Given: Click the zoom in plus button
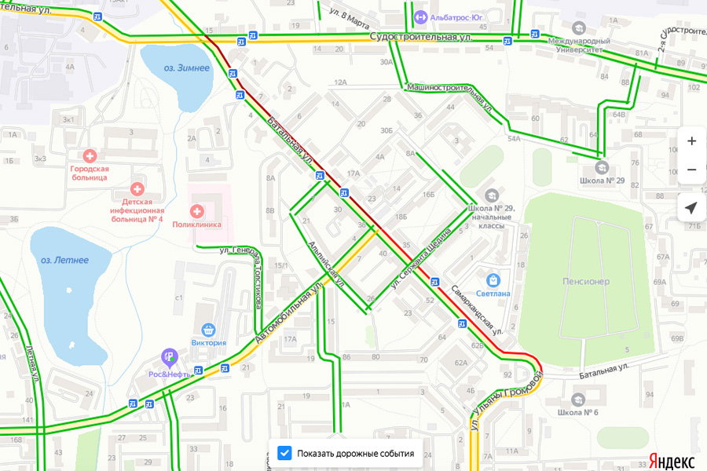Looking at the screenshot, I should [691, 141].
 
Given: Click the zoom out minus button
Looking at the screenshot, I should [691, 170].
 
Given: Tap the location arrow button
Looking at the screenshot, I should [691, 208].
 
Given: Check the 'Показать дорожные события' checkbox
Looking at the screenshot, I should [284, 453].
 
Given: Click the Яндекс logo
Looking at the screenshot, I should [671, 460].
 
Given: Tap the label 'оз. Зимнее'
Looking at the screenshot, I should [186, 68].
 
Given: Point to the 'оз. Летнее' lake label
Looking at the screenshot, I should [64, 260].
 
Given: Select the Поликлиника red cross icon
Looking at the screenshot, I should [197, 210].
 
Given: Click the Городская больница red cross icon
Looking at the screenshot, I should [90, 155].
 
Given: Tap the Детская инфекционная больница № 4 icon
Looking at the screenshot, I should [137, 189].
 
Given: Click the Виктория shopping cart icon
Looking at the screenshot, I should [208, 329].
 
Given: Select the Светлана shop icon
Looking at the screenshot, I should [493, 279].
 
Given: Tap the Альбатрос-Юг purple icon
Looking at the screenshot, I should [421, 16].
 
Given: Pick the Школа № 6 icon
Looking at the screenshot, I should [578, 400].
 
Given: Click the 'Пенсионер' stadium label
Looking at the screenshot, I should [586, 281].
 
